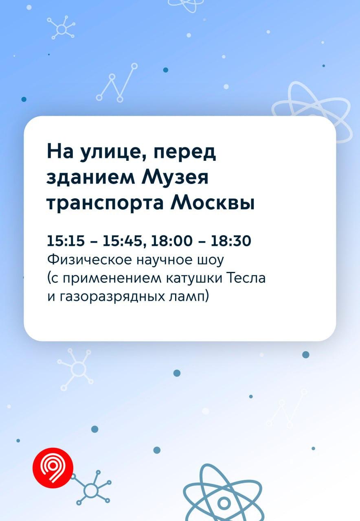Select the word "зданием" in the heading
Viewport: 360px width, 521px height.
[91, 178]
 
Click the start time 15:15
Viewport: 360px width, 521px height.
[66, 241]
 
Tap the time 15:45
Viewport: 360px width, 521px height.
[122, 241]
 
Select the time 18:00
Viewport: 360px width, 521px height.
[172, 241]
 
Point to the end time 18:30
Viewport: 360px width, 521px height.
[231, 241]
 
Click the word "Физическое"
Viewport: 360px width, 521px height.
[89, 260]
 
